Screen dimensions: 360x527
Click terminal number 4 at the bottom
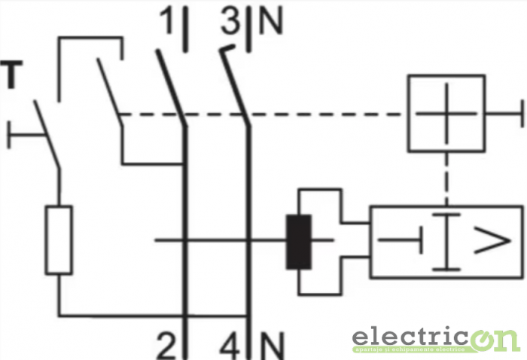coord(231,346)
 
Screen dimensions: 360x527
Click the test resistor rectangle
coord(60,239)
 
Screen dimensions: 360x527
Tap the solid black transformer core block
coord(299,242)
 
